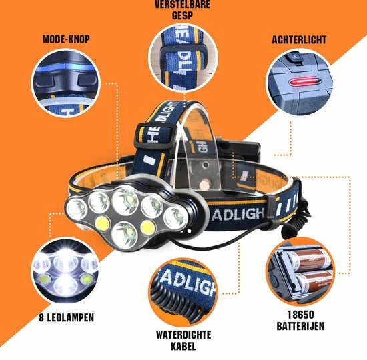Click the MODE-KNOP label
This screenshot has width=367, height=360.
pos(66,39)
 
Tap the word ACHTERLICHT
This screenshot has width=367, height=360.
pos(299,40)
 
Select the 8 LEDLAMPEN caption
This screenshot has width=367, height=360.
pos(66,317)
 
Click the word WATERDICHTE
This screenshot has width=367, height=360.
pos(183,335)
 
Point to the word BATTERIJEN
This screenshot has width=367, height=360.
pos(300,326)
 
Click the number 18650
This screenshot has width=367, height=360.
pos(300,315)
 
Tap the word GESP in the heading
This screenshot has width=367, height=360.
pos(183,15)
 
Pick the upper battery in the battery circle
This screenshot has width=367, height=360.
pos(308,259)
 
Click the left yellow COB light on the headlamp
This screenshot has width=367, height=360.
pos(103,223)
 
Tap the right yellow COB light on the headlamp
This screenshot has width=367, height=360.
pos(148,227)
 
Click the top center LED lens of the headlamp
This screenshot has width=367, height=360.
pos(125,199)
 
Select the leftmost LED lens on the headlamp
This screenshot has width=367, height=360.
pos(77,209)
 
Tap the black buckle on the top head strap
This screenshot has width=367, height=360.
pos(155,135)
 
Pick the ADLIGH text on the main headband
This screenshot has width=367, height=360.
pos(238,214)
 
